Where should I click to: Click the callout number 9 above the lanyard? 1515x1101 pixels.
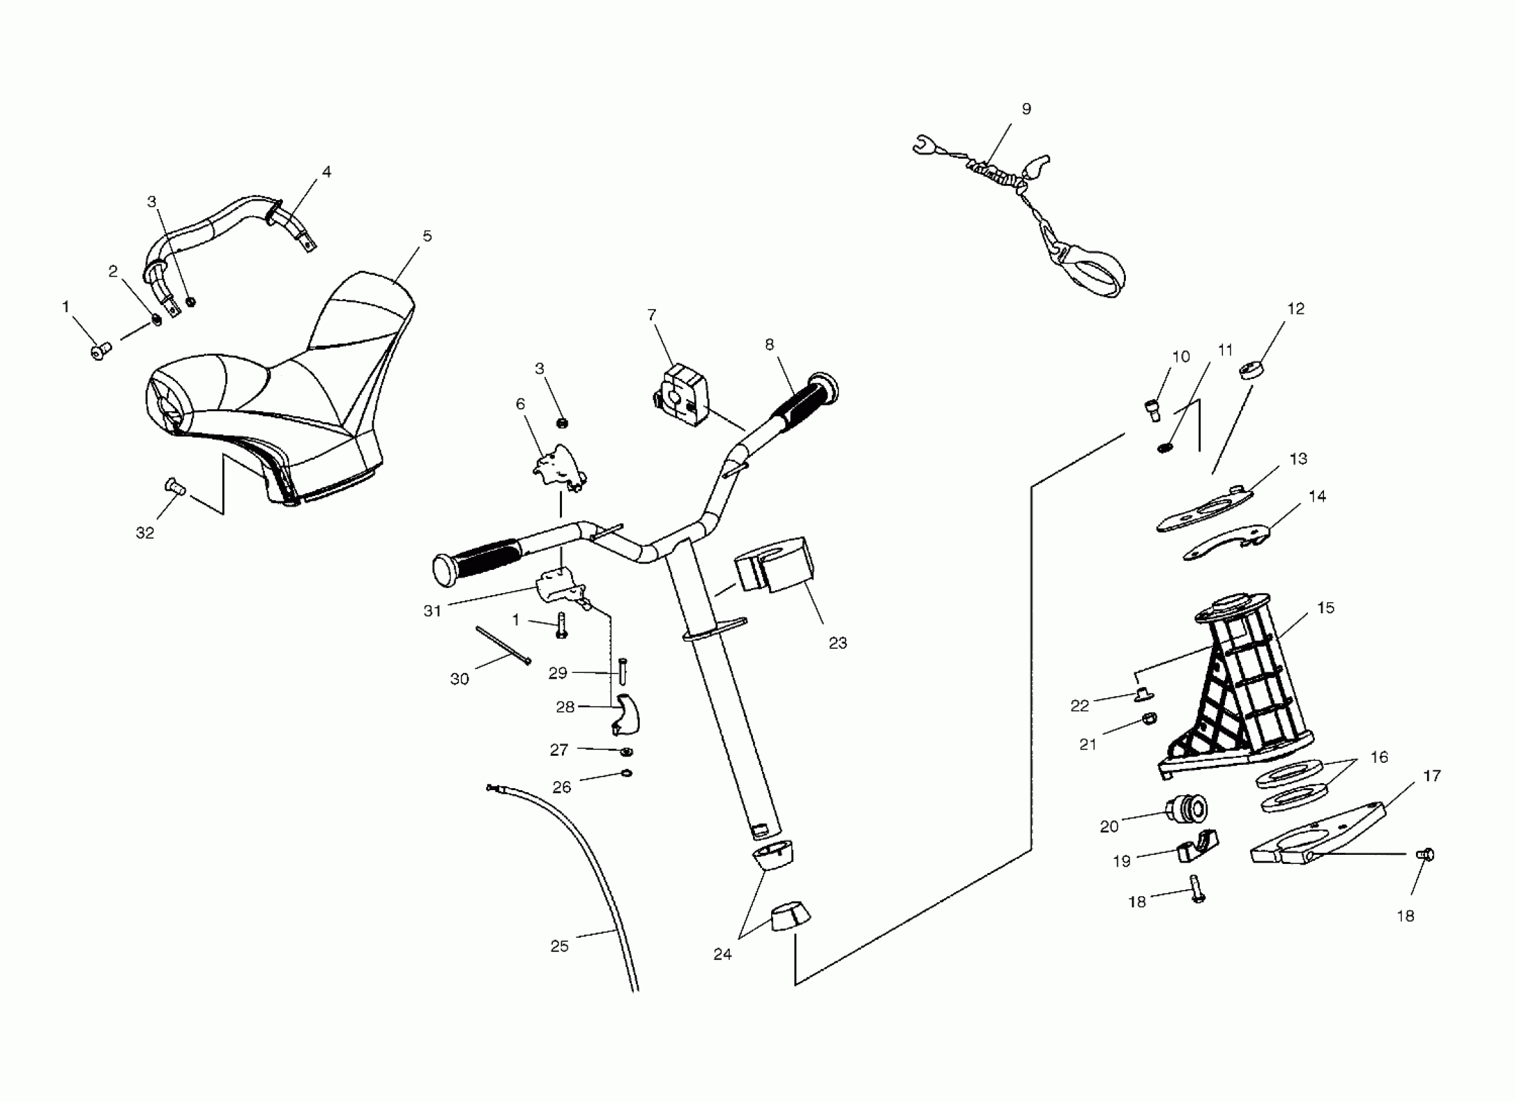1027,109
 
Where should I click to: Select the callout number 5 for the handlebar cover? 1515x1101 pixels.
427,236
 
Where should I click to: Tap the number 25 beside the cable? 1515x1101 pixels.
559,946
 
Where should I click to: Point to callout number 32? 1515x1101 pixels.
145,532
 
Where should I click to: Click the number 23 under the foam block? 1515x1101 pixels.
838,642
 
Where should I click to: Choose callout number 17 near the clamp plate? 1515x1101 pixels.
1431,776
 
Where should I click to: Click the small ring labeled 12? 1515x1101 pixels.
1249,369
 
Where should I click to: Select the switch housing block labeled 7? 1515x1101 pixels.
681,394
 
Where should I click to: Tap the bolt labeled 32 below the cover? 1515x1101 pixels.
174,486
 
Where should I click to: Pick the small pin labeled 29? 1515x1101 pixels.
623,671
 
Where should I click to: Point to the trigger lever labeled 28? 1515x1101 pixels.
625,714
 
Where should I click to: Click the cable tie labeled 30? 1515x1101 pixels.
502,644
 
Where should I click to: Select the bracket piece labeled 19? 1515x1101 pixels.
1197,847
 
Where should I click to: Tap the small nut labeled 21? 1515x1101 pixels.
1149,719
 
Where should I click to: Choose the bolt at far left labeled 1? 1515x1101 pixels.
101,350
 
